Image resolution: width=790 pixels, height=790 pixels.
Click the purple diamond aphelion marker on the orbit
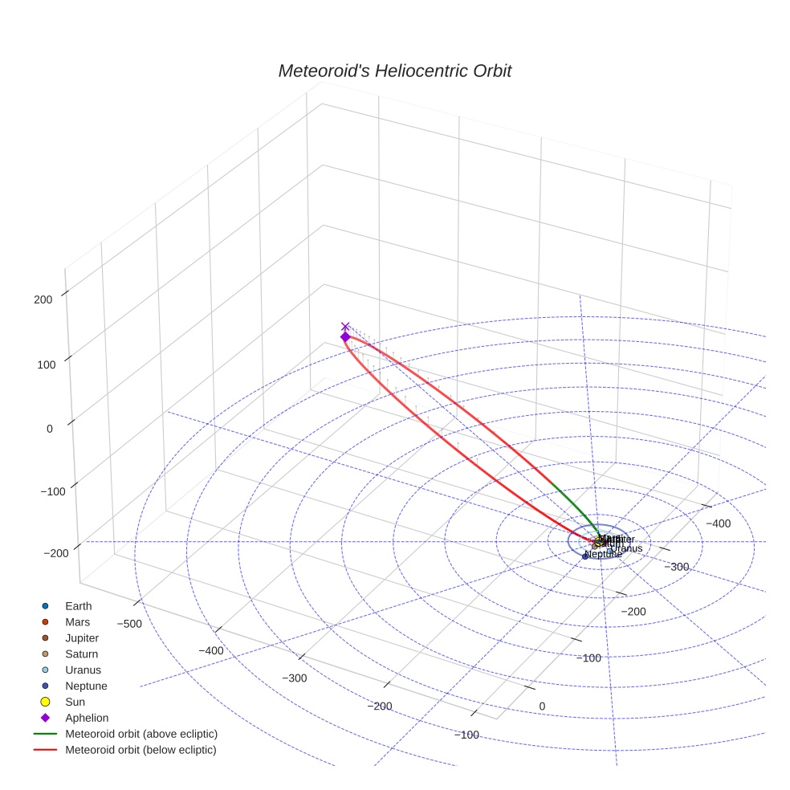345,337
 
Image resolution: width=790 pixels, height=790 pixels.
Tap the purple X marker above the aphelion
345,327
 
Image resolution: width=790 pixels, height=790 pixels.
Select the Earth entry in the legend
78,605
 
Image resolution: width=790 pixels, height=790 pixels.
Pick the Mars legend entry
77,621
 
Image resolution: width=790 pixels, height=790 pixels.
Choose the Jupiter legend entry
81,637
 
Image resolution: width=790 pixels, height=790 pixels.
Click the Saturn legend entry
81,654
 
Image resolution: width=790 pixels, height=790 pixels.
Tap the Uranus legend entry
83,670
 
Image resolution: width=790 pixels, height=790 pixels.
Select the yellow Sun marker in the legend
46,702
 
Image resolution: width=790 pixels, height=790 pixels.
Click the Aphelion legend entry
86,718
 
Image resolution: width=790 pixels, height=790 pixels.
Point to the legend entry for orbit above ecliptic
140,734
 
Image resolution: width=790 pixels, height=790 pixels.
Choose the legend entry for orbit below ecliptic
140,750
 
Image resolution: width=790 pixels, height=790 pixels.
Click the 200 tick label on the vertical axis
44,299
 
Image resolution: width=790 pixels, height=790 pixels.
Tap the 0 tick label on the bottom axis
542,706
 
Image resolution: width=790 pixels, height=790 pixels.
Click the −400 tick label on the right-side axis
718,523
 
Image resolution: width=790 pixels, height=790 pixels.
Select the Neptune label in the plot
604,555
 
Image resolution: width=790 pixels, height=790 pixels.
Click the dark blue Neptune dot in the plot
585,556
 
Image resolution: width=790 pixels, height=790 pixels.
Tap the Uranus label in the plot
626,548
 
